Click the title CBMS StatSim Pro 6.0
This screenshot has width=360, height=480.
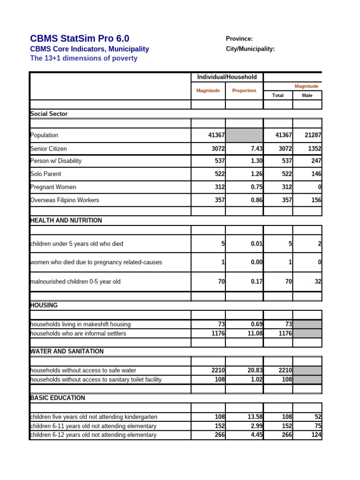[x=80, y=38]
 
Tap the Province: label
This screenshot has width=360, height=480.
[x=239, y=39]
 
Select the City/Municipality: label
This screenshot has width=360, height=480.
[x=250, y=49]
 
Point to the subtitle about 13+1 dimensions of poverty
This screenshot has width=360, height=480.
[x=84, y=59]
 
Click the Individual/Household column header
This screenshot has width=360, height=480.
[x=227, y=77]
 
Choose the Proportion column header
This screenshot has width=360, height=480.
[x=244, y=90]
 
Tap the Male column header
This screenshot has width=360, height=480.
[x=307, y=95]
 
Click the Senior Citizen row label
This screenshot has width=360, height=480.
[x=48, y=149]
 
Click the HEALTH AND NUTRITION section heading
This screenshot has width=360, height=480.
[x=66, y=220]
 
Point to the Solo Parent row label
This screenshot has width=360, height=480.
[x=46, y=174]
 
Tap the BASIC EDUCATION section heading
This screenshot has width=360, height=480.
[x=58, y=398]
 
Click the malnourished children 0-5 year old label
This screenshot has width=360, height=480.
[x=75, y=282]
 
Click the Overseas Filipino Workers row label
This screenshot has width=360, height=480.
[x=65, y=200]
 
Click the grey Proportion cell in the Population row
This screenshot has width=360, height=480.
[x=244, y=135]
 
